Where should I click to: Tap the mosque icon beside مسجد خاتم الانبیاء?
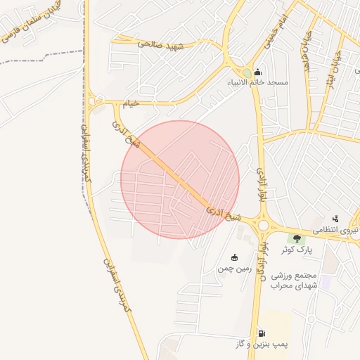258,72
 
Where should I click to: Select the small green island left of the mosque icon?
246,72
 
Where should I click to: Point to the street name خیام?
131,103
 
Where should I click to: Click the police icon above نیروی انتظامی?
335,219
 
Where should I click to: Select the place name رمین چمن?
234,268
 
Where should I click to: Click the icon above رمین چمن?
234,257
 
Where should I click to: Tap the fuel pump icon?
262,333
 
